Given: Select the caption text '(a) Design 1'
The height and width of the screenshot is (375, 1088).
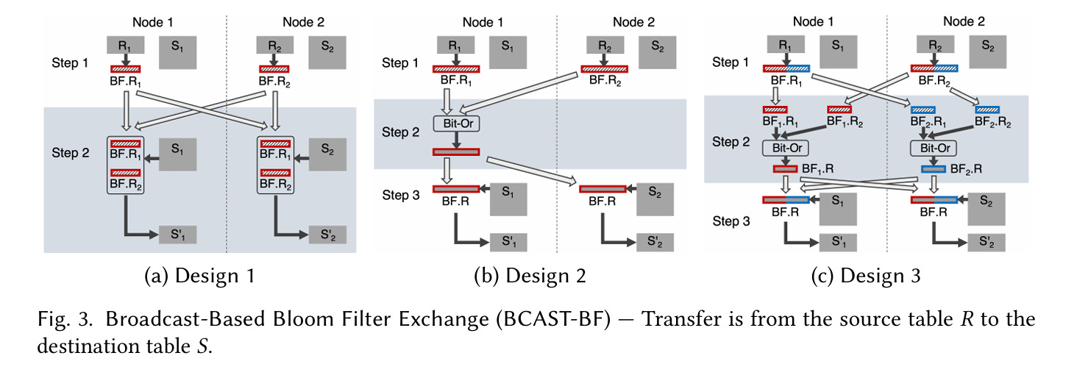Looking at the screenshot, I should coord(200,276).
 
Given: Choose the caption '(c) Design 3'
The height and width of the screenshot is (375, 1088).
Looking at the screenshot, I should coord(865,276).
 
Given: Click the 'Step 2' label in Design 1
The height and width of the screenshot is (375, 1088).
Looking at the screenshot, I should coord(70,153).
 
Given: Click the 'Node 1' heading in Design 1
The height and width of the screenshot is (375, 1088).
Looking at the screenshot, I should coord(153,21).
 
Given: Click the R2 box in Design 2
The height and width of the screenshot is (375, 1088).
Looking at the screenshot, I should coord(607,46).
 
